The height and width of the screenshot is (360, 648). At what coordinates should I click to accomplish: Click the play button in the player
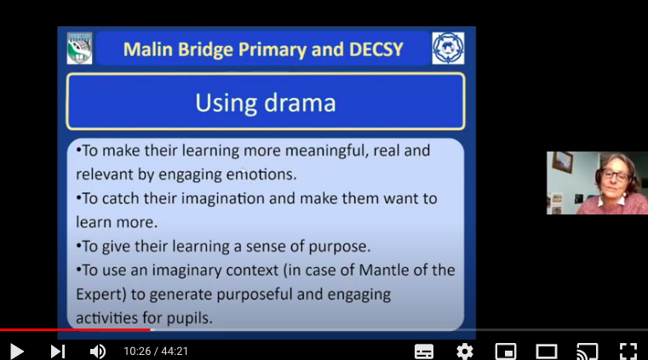17,351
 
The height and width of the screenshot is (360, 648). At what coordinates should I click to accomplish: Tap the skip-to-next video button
58,351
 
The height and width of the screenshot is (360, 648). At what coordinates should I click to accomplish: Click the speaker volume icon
98,351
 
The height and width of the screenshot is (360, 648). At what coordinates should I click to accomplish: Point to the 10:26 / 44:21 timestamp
156,351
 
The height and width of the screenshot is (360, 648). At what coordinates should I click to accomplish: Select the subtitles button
424,351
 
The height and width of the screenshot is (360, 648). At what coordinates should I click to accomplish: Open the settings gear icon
465,351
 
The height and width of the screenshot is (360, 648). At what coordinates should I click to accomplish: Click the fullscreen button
628,351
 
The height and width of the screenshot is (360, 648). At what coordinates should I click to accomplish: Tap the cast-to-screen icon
588,351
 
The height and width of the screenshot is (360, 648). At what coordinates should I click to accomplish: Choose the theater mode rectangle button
547,351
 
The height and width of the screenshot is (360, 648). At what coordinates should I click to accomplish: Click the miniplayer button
506,351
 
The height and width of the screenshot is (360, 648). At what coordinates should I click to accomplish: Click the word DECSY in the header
376,49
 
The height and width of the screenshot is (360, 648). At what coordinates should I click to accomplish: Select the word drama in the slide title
300,103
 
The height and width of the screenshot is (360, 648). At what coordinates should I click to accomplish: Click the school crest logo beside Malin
79,49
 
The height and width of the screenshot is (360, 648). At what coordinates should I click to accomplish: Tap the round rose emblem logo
448,49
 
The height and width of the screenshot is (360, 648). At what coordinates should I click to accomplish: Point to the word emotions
261,174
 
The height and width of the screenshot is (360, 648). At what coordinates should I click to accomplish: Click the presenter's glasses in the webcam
615,175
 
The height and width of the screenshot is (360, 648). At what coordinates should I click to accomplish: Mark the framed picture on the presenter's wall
563,162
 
